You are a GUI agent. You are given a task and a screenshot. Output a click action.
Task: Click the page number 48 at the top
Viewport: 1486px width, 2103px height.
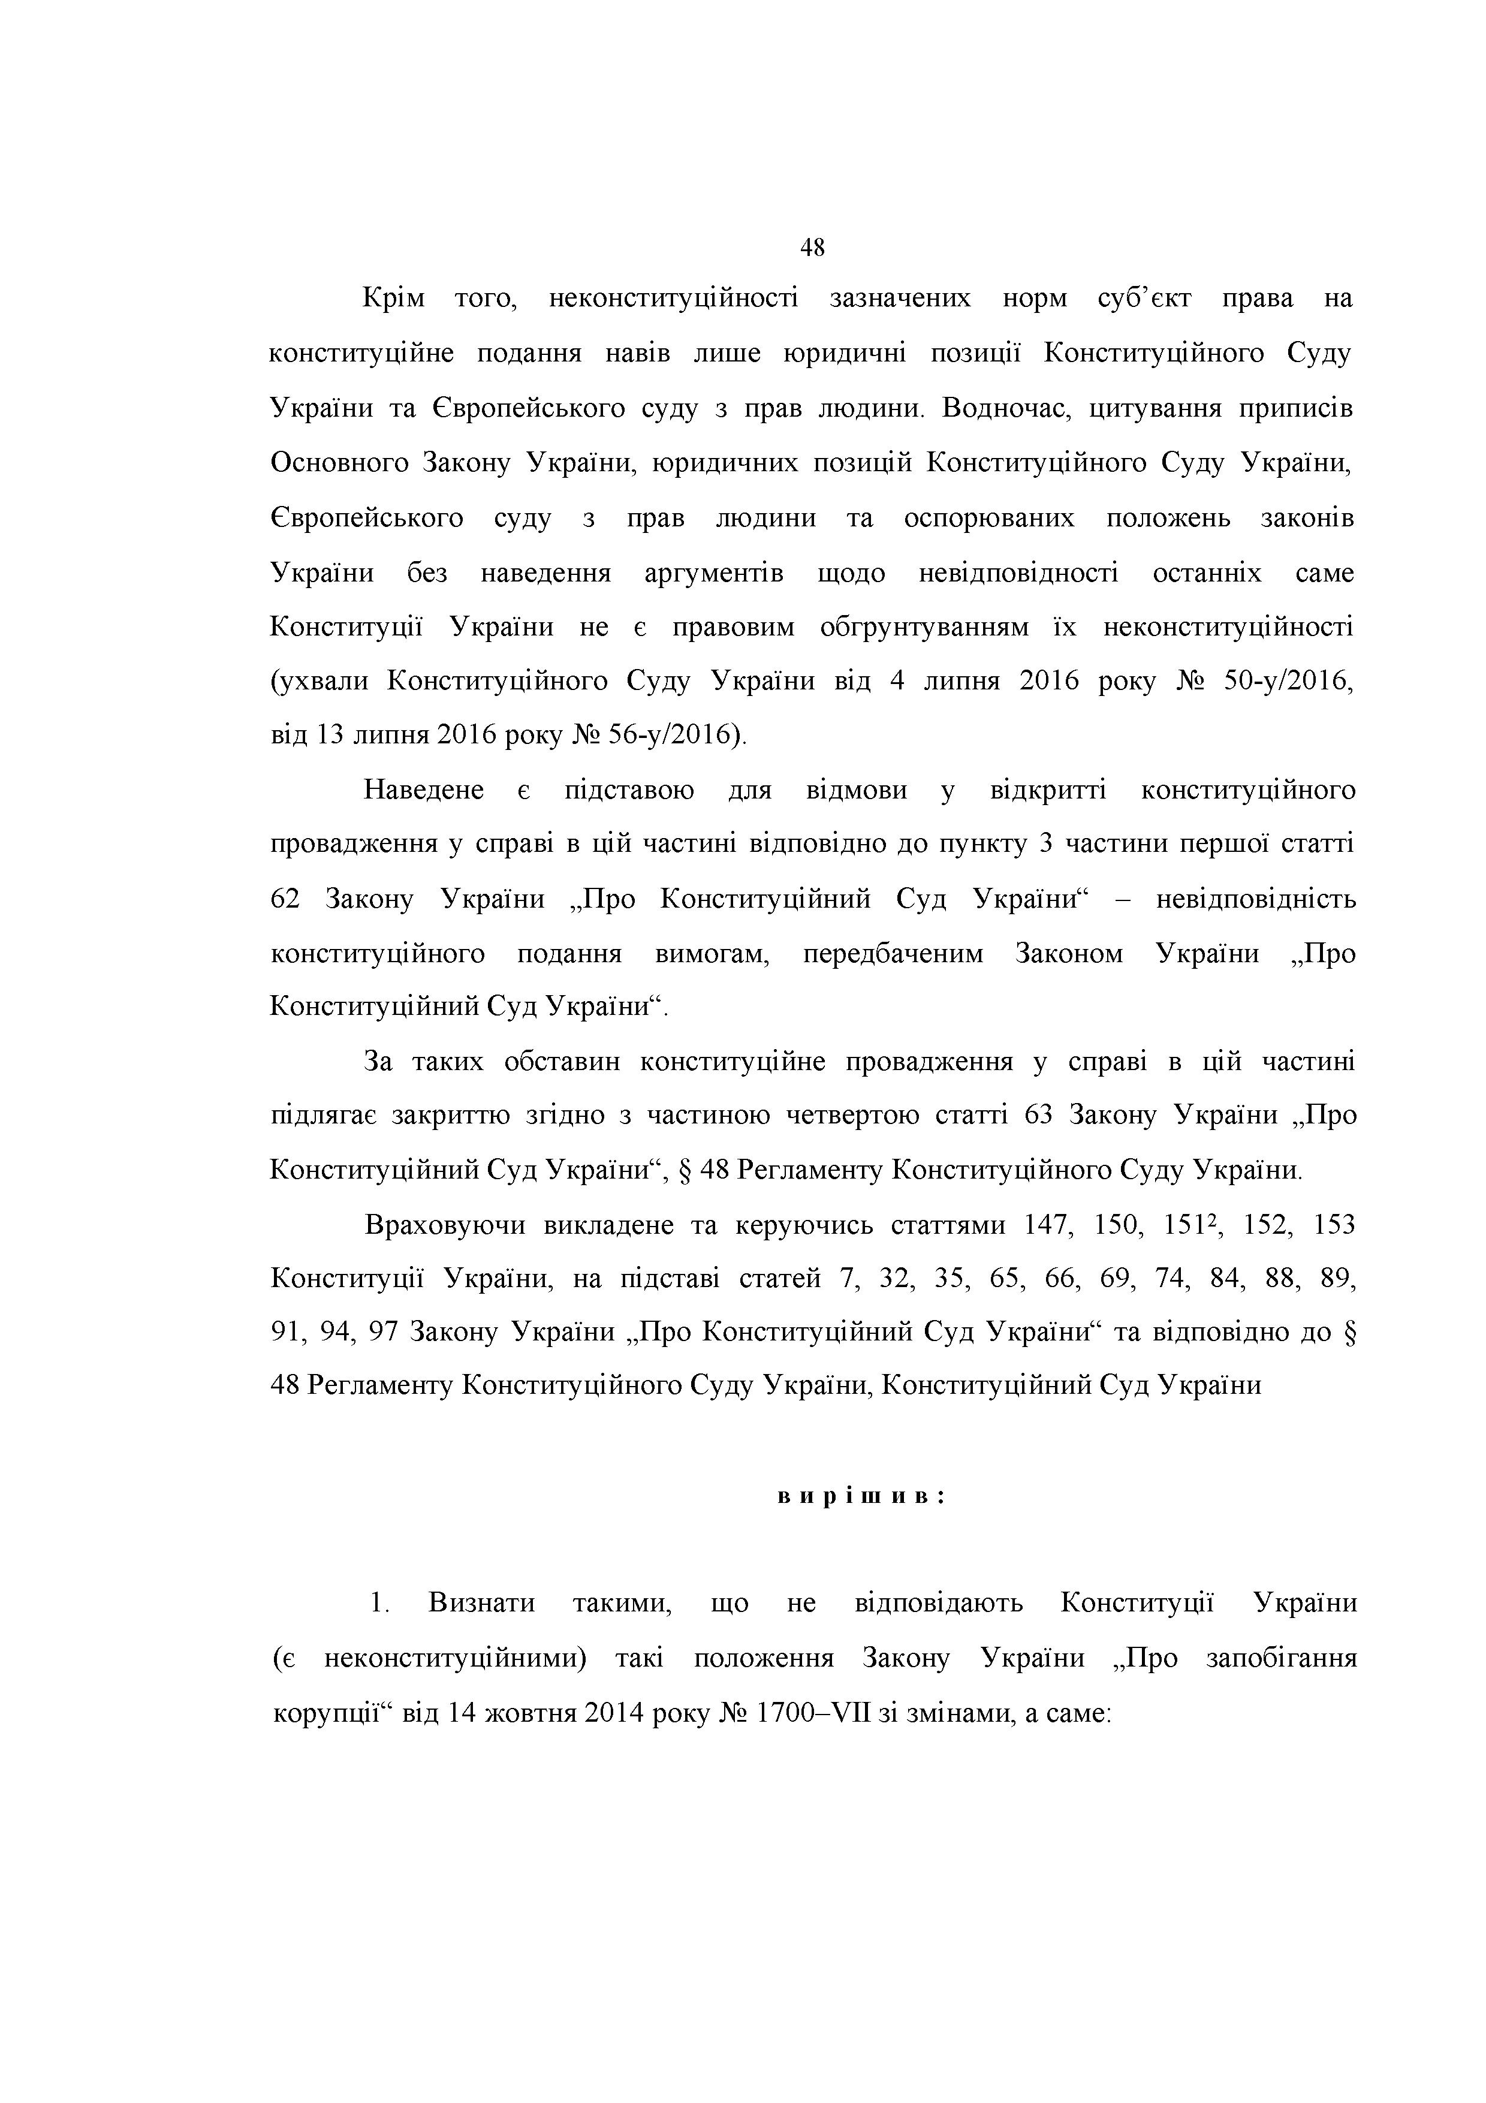pos(812,248)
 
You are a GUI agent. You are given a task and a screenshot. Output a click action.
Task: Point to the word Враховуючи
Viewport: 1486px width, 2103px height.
pos(445,1225)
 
